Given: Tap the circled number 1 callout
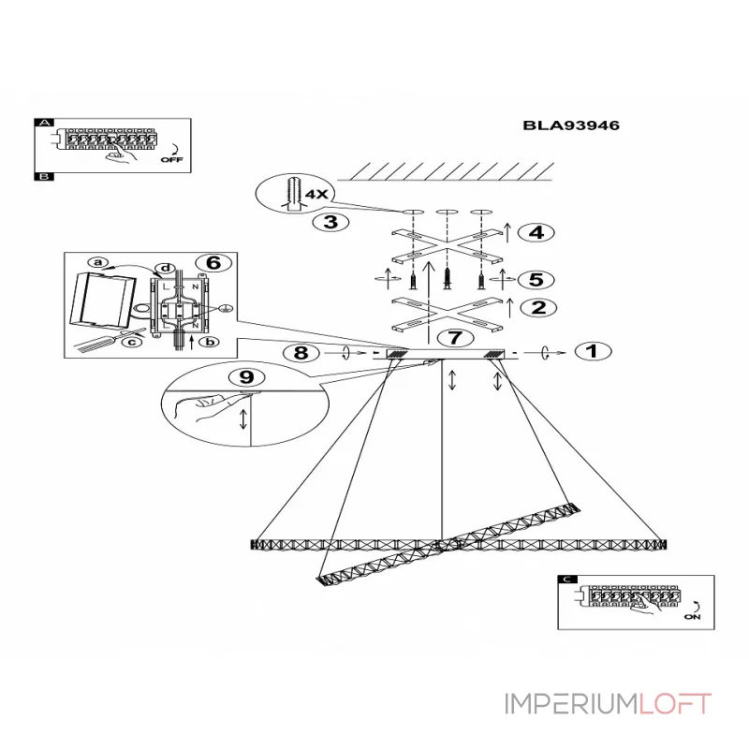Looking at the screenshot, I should (591, 352).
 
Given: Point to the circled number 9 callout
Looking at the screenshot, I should (246, 377).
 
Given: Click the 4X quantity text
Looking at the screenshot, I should (316, 194).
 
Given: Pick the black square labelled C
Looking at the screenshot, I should (564, 580).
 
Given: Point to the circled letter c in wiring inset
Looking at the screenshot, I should (132, 342).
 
